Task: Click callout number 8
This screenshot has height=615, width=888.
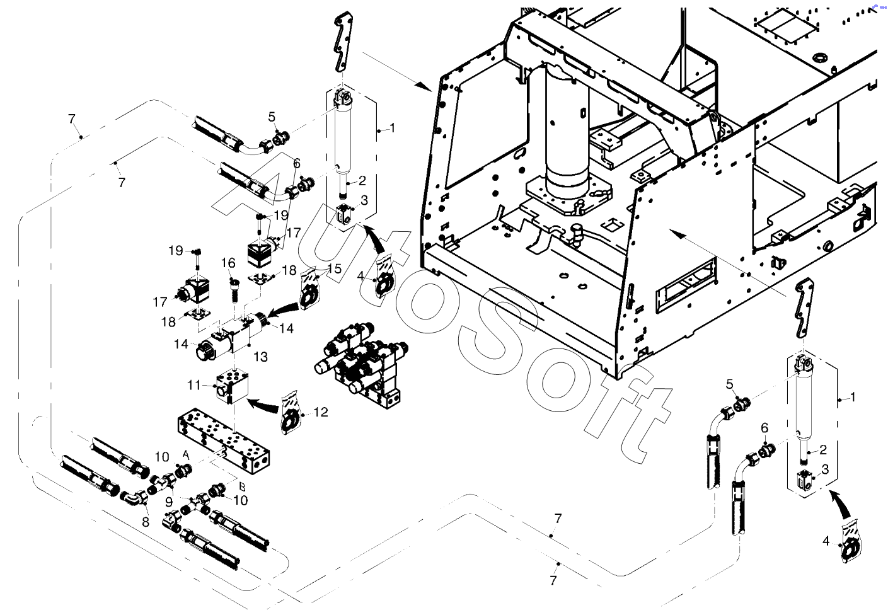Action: pos(146,522)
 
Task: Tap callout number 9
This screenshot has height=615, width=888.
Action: pos(170,502)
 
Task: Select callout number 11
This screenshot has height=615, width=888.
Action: pos(194,385)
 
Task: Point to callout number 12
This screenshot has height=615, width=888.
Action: pos(321,412)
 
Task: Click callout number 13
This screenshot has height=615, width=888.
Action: pos(260,357)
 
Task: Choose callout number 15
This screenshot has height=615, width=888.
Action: pos(335,268)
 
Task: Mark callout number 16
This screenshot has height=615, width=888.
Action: pos(228,263)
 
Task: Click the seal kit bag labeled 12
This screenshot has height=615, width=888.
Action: pos(292,417)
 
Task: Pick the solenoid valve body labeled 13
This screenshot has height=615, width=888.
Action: pos(235,334)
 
